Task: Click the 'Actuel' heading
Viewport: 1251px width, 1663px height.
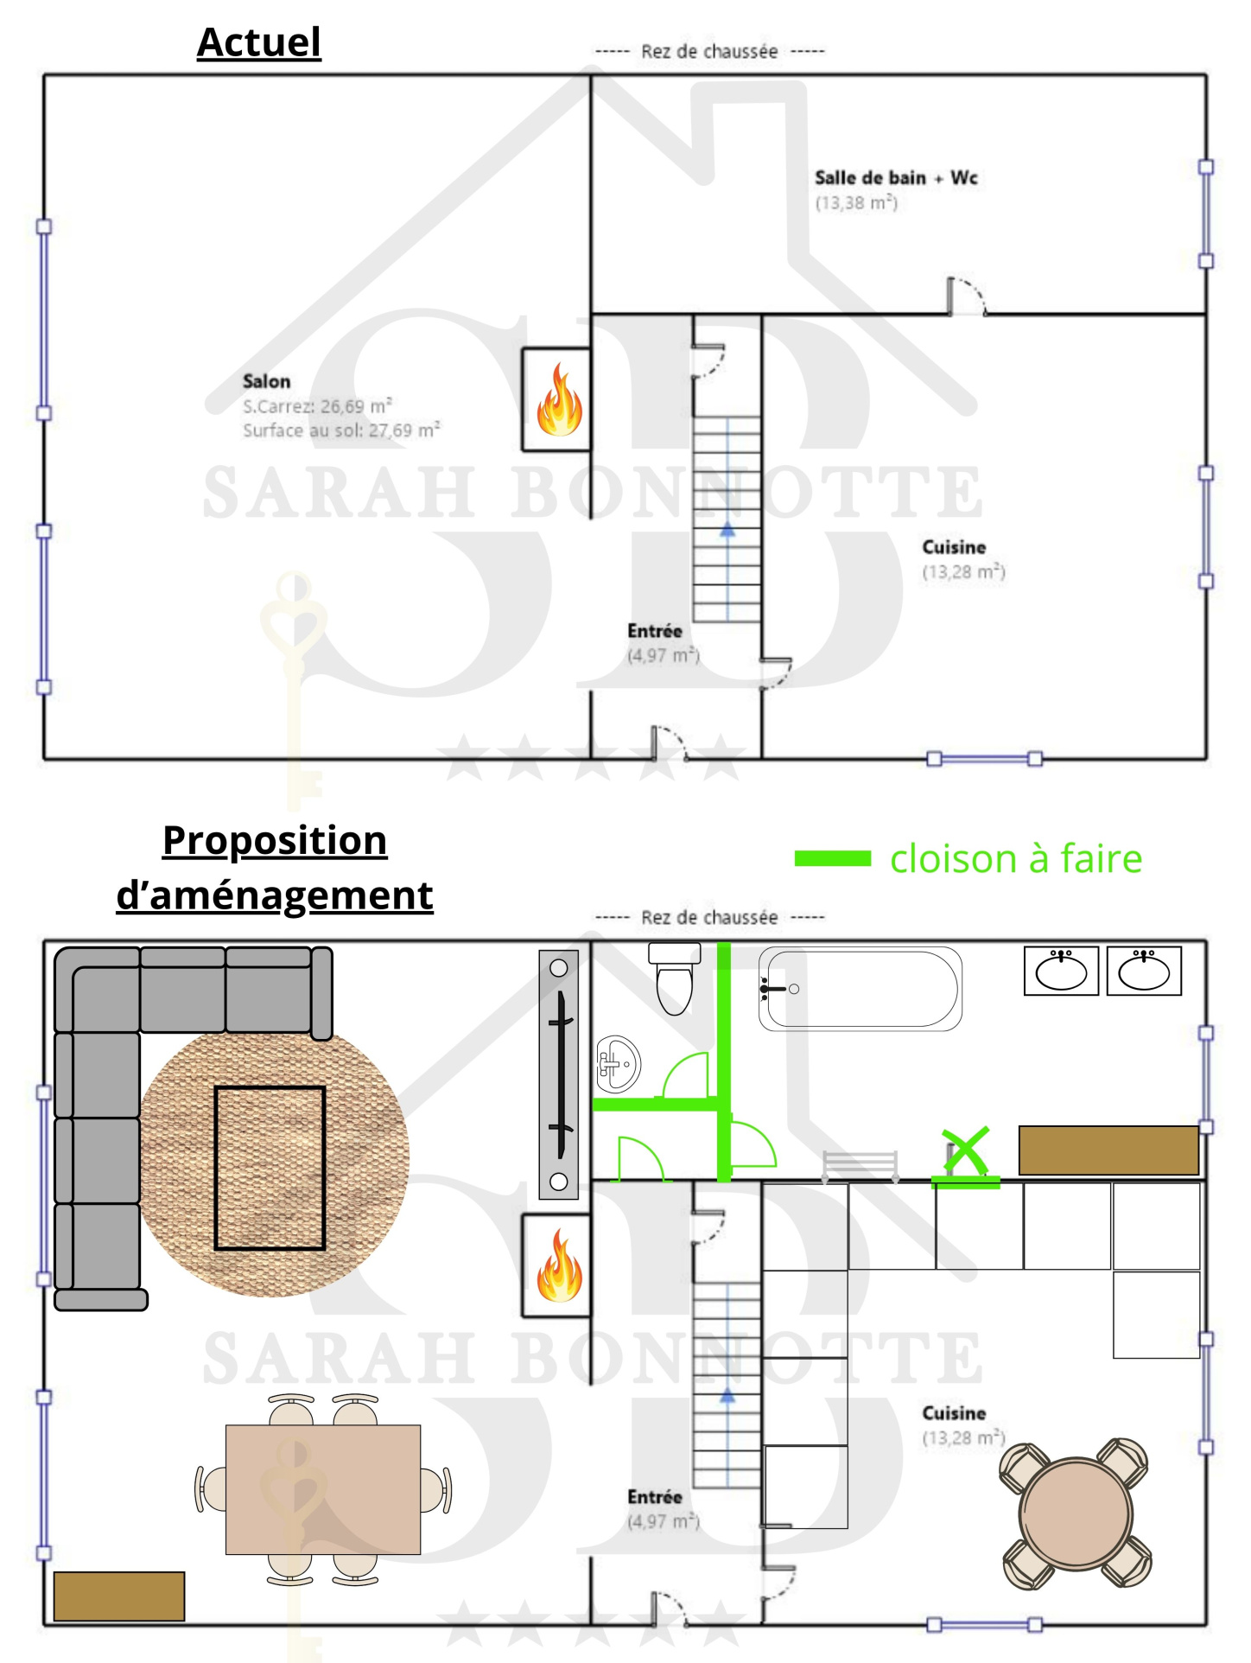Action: point(259,42)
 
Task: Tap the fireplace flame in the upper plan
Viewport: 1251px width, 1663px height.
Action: point(560,399)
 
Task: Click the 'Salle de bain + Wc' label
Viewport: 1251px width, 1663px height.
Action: point(896,178)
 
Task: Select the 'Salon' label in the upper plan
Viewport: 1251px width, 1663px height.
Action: point(266,381)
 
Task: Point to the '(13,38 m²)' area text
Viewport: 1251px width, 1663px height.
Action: point(856,203)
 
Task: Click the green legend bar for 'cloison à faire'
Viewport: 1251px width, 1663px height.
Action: point(833,858)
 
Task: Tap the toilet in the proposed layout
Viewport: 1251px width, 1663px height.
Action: point(675,978)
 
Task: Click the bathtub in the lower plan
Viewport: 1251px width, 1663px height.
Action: point(860,989)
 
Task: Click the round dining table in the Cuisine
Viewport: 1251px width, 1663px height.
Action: point(1076,1514)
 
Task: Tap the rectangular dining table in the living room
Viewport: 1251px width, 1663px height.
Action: point(323,1489)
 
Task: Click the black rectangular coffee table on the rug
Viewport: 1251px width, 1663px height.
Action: point(270,1168)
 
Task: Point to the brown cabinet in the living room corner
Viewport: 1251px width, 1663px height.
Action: point(119,1596)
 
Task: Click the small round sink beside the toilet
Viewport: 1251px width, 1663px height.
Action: point(618,1063)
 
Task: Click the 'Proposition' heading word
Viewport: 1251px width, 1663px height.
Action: point(275,841)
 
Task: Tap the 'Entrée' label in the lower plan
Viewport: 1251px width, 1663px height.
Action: point(655,1496)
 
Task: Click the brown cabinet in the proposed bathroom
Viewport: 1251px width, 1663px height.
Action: point(1108,1150)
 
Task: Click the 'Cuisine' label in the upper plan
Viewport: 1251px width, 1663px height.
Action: point(954,547)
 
